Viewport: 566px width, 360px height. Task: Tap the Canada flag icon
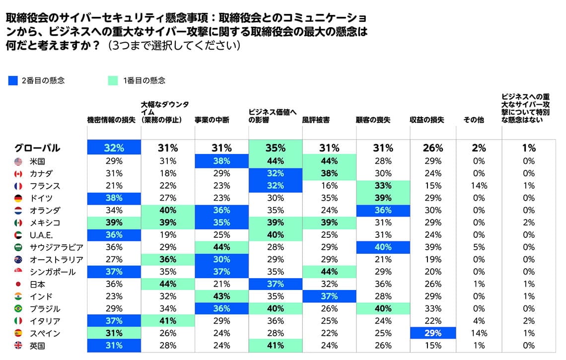click(19, 173)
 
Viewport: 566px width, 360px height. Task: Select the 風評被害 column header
click(316, 120)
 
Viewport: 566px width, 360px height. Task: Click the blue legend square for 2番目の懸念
click(13, 80)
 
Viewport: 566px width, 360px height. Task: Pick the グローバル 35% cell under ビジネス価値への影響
click(275, 147)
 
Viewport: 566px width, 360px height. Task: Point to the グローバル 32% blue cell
click(114, 147)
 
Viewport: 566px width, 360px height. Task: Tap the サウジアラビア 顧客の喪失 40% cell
click(383, 247)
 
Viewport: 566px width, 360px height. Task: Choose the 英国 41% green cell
click(275, 346)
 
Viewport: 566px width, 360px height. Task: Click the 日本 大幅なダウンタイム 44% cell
click(168, 284)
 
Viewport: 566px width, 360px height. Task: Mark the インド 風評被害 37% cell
click(329, 296)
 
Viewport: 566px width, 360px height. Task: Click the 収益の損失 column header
click(426, 120)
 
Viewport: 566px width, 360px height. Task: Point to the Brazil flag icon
click(19, 308)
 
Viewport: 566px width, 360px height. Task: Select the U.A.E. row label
click(41, 235)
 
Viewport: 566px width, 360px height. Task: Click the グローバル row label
click(37, 148)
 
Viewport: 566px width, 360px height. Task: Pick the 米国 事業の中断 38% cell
click(221, 161)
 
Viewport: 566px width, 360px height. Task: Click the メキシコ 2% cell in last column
click(529, 222)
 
